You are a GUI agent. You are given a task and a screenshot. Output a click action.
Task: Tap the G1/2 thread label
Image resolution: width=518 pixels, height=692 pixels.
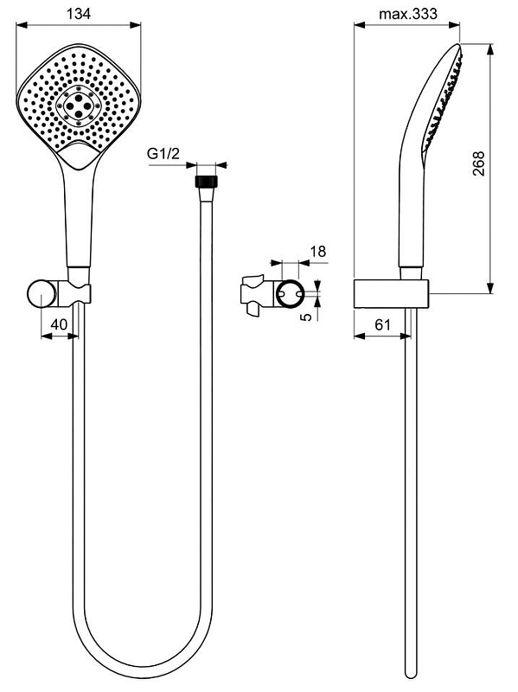[x=163, y=154]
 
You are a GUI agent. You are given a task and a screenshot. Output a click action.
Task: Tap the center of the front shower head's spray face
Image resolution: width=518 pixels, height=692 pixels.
[x=79, y=109]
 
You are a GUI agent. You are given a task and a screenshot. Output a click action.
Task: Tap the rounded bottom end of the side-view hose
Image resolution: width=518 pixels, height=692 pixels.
[x=411, y=674]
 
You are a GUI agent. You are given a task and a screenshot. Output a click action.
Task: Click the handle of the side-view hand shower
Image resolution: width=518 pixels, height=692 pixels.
[x=409, y=216]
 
